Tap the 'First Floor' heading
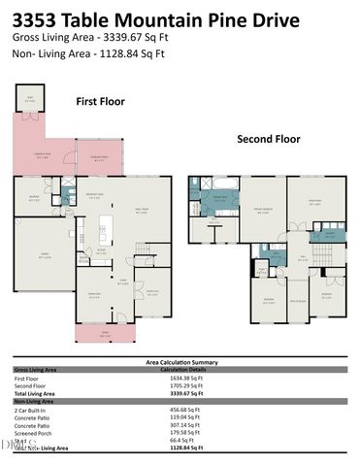[100, 100]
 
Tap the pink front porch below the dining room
[105, 334]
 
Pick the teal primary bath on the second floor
[218, 199]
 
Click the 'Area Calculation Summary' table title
[180, 362]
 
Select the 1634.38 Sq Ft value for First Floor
[187, 379]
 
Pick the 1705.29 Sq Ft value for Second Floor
[187, 386]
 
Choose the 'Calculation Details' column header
[184, 370]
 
